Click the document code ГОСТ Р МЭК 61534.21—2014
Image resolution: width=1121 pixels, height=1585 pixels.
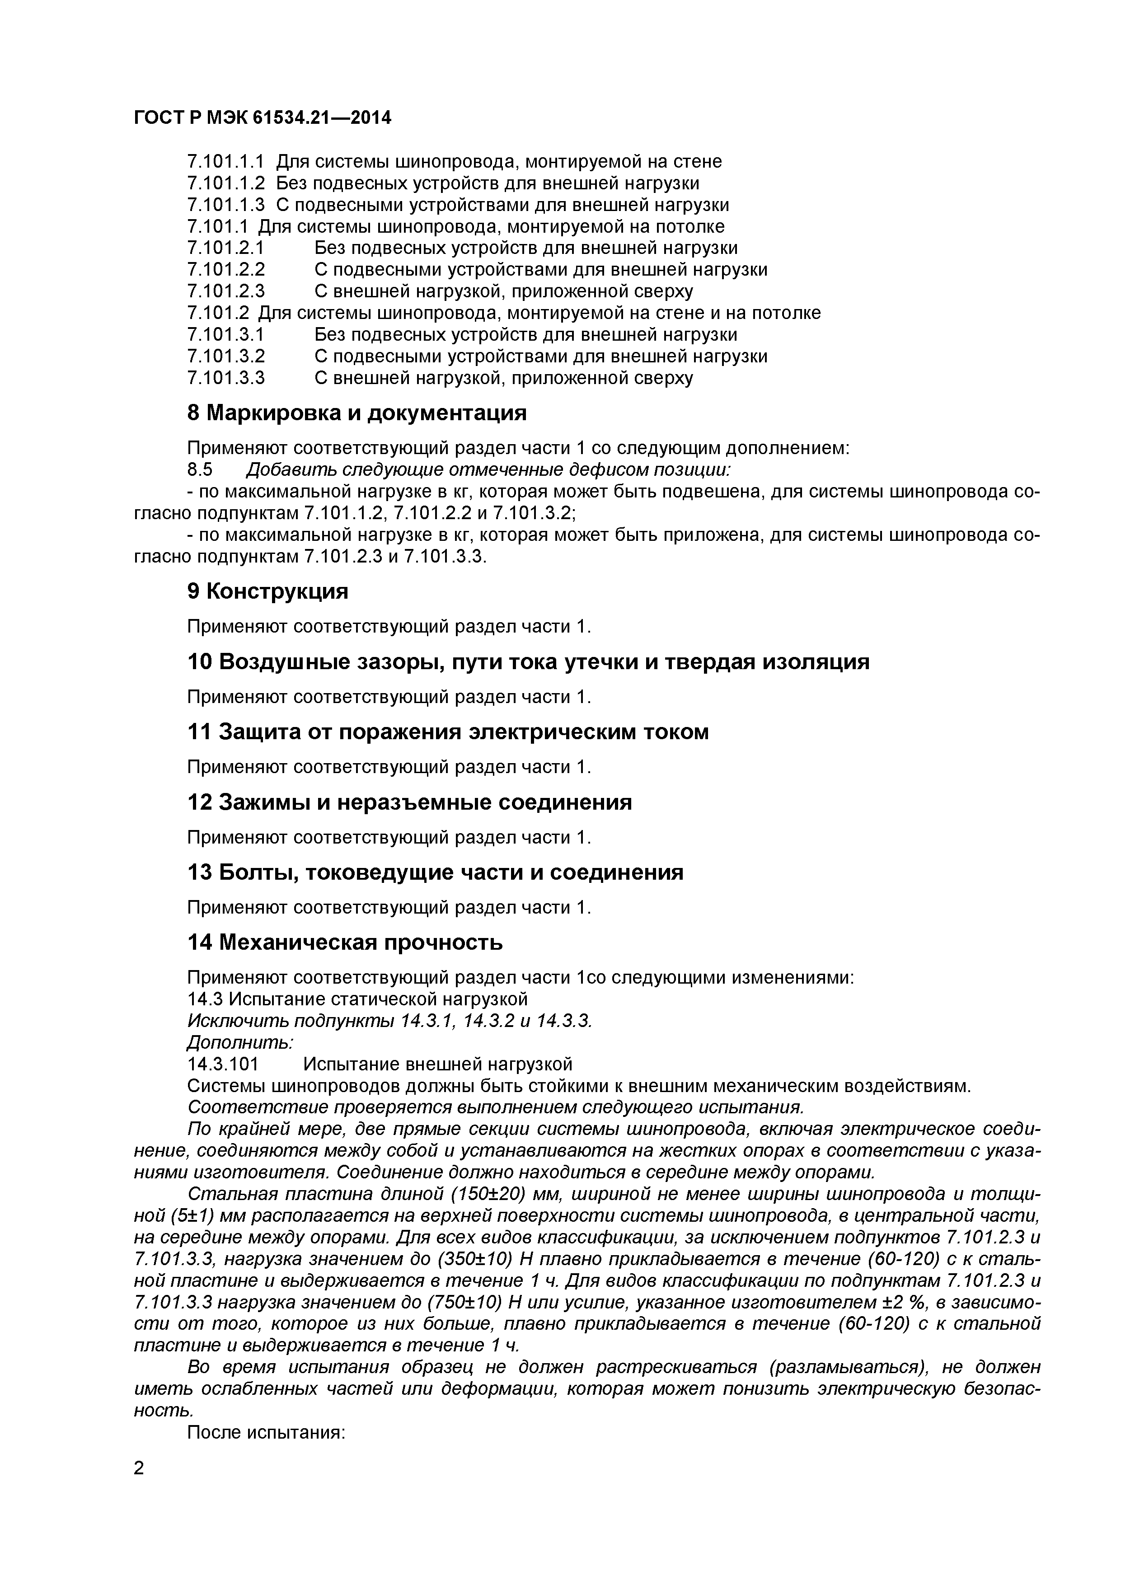[x=263, y=118]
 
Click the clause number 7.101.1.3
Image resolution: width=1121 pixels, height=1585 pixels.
[x=226, y=205]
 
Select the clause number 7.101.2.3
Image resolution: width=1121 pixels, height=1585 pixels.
[x=226, y=291]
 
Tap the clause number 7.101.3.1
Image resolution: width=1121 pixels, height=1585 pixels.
[x=226, y=335]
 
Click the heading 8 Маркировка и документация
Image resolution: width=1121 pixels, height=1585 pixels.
[x=357, y=413]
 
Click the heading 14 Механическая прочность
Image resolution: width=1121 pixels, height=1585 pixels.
[x=345, y=943]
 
